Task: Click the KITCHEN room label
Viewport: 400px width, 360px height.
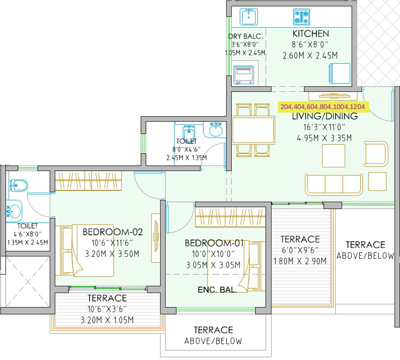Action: (310, 34)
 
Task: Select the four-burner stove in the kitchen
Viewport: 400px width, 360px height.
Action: (301, 17)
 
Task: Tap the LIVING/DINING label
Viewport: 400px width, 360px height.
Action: (325, 116)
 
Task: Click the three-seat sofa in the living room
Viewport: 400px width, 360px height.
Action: (333, 184)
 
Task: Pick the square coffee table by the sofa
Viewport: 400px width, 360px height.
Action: (333, 156)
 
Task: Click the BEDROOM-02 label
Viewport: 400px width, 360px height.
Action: (113, 232)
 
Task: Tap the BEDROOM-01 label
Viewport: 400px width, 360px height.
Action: (214, 243)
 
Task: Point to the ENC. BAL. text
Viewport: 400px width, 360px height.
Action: (217, 290)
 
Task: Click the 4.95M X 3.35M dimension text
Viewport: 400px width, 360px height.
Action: (325, 138)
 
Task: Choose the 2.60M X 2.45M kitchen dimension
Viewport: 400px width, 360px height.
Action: (310, 55)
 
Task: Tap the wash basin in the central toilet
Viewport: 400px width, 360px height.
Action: (216, 130)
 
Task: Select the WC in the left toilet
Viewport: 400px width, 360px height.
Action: (18, 186)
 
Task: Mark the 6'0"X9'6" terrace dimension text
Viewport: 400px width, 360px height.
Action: (300, 250)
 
